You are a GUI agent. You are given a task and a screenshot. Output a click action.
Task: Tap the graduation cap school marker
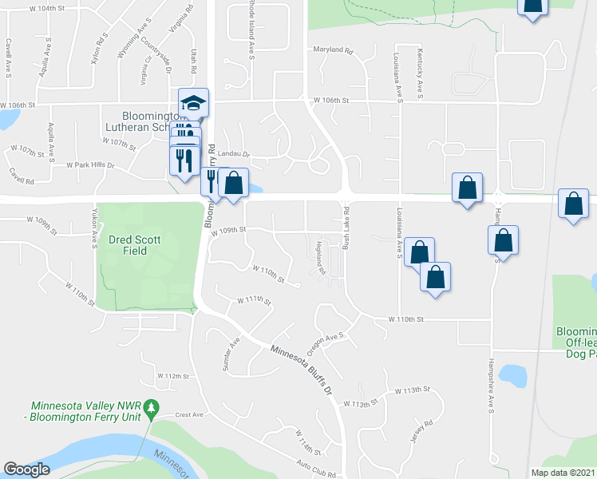pos(193,102)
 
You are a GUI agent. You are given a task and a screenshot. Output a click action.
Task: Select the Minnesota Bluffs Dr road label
pos(300,369)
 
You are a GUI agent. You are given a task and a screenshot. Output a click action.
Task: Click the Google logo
pos(26,469)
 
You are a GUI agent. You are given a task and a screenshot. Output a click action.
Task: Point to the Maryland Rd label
pos(333,49)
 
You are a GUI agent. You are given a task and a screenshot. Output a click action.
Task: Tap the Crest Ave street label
pos(190,415)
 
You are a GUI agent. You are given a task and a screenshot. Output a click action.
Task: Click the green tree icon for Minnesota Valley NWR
pos(156,407)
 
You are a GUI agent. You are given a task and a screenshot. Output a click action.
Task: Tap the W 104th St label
pos(45,7)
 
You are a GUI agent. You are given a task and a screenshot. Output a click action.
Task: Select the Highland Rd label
pos(322,258)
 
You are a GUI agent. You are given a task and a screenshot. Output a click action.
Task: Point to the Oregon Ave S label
pos(329,338)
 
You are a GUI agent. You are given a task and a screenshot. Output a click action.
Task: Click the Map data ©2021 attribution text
pos(563,473)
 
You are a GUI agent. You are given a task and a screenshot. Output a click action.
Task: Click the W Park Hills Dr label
pos(89,166)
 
